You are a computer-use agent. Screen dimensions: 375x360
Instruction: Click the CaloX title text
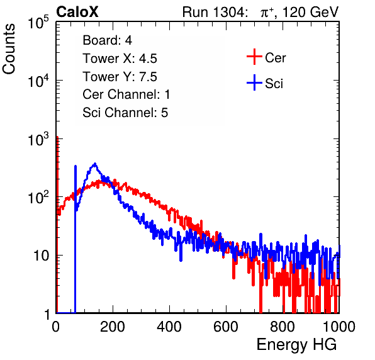(77, 12)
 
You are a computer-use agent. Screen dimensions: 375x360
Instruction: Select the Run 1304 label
(215, 12)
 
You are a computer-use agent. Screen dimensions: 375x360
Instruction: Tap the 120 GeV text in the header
(311, 12)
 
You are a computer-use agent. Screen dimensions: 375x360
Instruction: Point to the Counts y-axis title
(9, 49)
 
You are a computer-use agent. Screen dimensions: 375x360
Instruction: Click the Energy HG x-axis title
(296, 344)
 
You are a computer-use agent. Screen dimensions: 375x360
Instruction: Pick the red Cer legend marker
(254, 57)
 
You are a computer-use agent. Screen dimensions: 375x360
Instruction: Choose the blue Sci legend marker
(254, 82)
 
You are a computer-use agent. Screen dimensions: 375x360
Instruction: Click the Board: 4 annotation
(107, 40)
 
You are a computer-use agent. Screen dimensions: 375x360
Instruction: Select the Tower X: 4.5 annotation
(120, 59)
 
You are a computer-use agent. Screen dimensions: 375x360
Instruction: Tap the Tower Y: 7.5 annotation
(120, 77)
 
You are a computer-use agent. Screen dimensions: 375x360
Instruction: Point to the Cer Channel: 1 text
(126, 94)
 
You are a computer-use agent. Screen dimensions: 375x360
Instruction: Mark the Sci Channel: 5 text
(125, 113)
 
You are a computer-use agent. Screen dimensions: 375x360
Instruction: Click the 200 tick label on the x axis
(113, 327)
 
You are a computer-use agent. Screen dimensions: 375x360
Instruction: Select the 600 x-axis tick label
(226, 327)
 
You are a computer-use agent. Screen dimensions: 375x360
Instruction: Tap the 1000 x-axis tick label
(339, 327)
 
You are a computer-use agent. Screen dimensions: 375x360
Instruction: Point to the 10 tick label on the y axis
(42, 256)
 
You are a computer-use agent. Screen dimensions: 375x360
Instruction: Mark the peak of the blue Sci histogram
(95, 164)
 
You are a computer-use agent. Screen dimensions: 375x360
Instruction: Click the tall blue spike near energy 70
(76, 239)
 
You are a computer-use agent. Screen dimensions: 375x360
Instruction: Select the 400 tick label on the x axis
(169, 327)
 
